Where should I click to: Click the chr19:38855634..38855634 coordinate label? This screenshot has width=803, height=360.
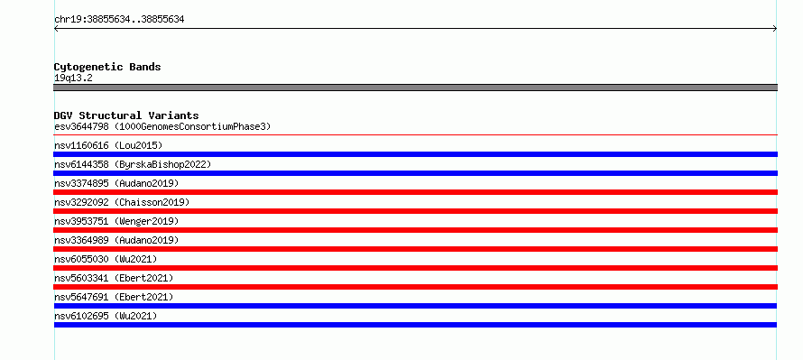pos(119,20)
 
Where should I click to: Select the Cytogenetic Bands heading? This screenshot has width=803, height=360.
pos(107,67)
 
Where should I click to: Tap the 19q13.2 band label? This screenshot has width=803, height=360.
pos(73,78)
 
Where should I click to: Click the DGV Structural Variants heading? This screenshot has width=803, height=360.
pos(126,115)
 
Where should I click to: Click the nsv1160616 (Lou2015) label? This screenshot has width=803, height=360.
pos(108,145)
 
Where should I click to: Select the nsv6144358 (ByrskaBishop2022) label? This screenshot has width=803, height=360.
pos(133,164)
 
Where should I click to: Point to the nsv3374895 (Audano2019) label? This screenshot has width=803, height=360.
pos(116,183)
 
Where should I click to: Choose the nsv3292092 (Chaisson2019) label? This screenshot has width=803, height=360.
pos(122,202)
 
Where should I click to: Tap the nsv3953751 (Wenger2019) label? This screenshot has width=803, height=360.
pos(116,221)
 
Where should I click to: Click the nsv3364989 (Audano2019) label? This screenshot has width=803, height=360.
pos(116,240)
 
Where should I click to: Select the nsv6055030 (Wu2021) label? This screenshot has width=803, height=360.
pos(106,259)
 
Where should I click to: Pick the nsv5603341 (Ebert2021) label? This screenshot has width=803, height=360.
pos(114,278)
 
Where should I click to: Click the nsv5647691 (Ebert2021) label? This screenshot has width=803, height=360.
pos(114,297)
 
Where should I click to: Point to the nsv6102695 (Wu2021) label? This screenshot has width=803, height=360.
pos(106,316)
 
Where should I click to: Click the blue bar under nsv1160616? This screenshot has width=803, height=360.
pos(415,154)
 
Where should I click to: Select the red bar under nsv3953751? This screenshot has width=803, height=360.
pos(415,230)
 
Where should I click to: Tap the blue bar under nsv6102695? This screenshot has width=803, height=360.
pos(415,325)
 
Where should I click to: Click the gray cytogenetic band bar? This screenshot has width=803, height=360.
pos(415,88)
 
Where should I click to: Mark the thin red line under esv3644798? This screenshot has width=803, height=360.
pos(415,135)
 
